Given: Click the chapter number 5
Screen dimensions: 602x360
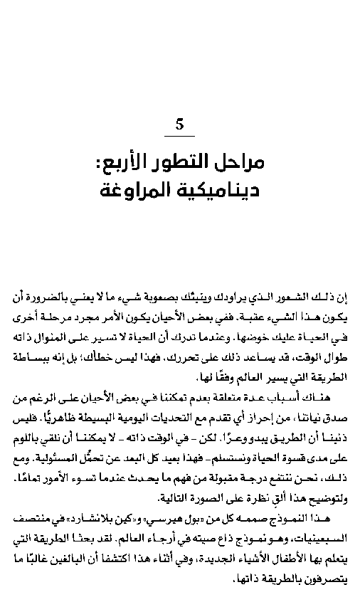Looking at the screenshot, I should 179,125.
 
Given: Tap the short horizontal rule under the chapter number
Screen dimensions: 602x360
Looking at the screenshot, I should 179,136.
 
